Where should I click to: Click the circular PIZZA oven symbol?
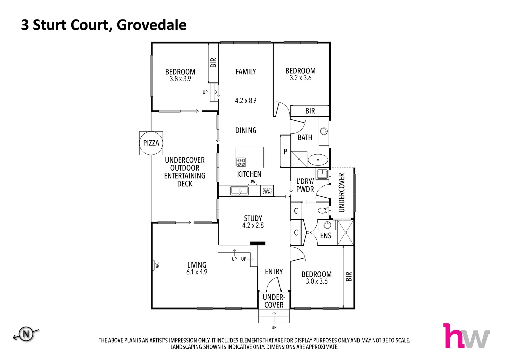pyautogui.click(x=151, y=143)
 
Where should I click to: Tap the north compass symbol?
pyautogui.click(x=26, y=334)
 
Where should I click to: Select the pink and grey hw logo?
pyautogui.click(x=466, y=336)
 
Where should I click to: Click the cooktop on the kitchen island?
pyautogui.click(x=241, y=162)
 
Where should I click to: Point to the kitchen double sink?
pyautogui.click(x=239, y=191)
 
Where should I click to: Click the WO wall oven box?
pyautogui.click(x=267, y=191)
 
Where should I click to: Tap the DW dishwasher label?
pyautogui.click(x=253, y=182)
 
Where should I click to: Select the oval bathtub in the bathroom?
pyautogui.click(x=318, y=160)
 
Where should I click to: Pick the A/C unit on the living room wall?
pyautogui.click(x=155, y=265)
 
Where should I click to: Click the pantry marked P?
pyautogui.click(x=285, y=152)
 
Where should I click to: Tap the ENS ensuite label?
pyautogui.click(x=326, y=236)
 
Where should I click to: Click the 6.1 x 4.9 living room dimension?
pyautogui.click(x=197, y=272)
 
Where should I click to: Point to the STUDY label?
pyautogui.click(x=253, y=218)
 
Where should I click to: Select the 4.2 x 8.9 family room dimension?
pyautogui.click(x=246, y=100)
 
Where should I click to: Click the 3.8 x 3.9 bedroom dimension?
pyautogui.click(x=180, y=79)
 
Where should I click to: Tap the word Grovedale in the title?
pyautogui.click(x=152, y=25)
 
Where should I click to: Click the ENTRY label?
pyautogui.click(x=274, y=272)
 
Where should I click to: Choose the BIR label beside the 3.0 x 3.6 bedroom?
pyautogui.click(x=349, y=277)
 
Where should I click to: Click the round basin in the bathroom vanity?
pyautogui.click(x=324, y=131)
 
